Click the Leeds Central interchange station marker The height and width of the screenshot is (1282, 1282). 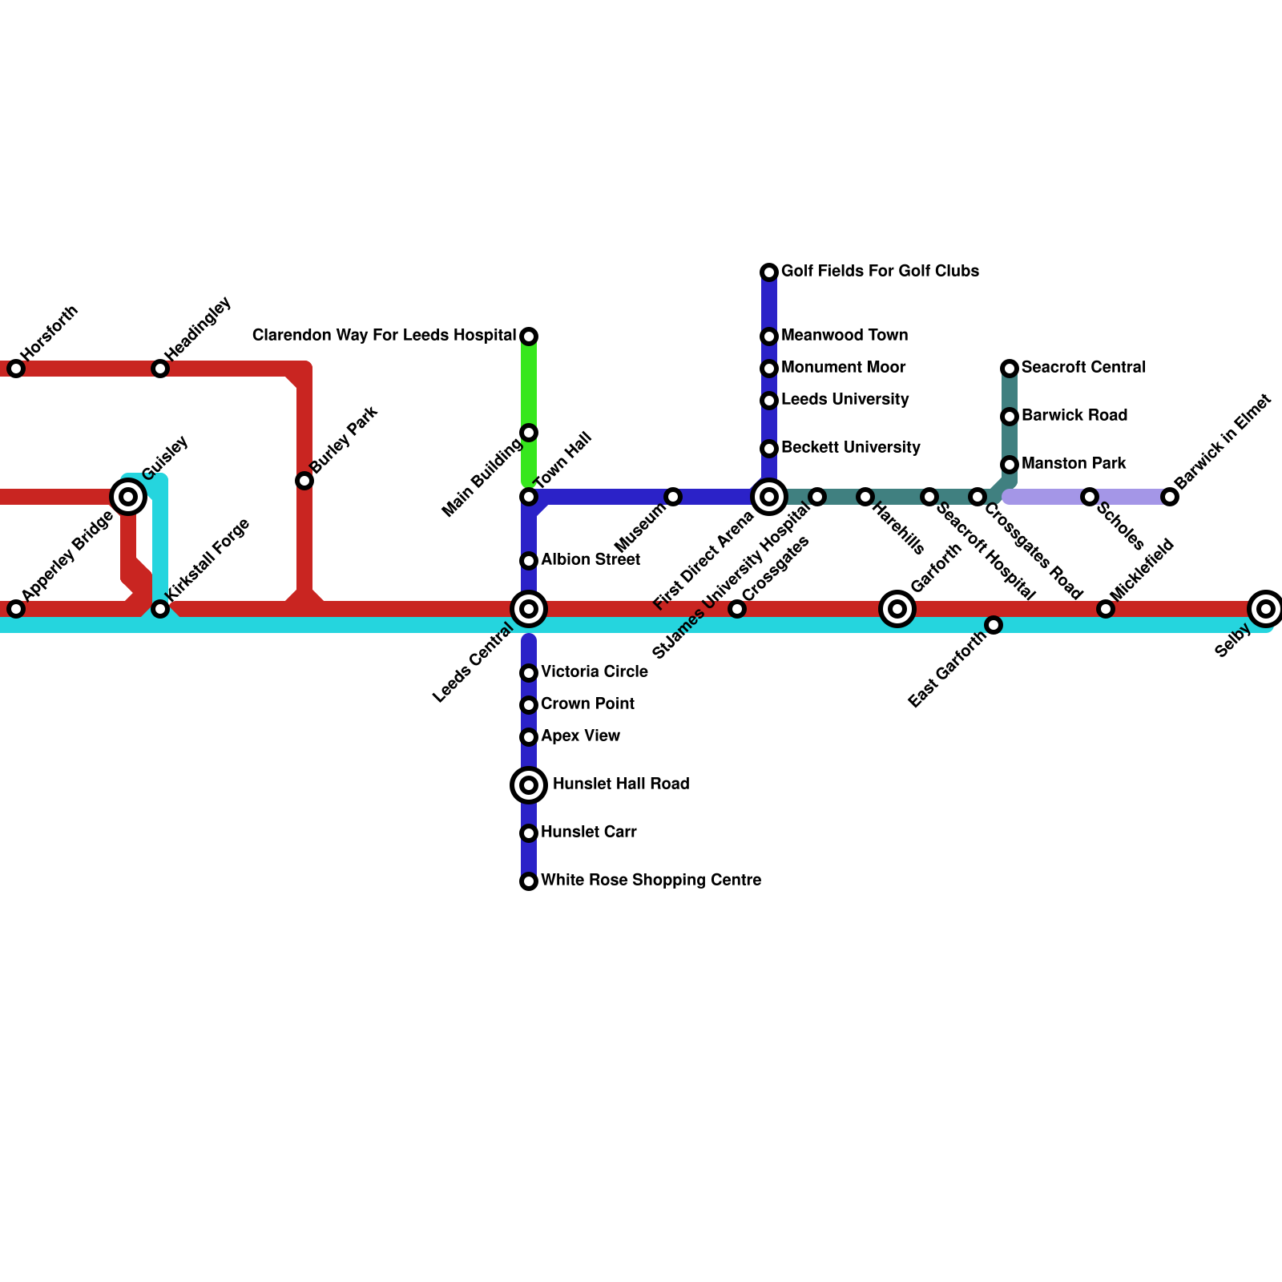[529, 609]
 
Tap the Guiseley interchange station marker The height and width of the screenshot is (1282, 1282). [128, 497]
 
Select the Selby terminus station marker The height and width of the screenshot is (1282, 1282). [1266, 609]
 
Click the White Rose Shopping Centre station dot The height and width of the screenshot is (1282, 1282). [529, 881]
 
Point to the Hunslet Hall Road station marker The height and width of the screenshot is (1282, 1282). [529, 785]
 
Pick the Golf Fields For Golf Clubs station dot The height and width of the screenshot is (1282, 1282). [769, 272]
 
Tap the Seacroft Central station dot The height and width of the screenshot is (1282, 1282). [1010, 369]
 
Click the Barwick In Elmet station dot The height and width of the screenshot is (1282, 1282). [1170, 497]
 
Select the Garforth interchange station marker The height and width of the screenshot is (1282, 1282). [897, 609]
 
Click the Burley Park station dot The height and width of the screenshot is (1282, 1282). [304, 481]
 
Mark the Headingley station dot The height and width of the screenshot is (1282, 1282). [160, 369]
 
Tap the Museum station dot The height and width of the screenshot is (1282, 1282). [673, 497]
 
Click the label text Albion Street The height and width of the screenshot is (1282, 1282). [591, 560]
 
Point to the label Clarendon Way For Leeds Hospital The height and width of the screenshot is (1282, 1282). [384, 336]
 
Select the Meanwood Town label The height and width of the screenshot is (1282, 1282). [845, 336]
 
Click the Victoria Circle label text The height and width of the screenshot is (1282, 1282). [595, 672]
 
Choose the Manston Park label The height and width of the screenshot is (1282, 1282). [1074, 464]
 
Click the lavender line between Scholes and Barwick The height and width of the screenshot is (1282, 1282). [1130, 497]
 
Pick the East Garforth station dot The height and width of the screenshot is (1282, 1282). [994, 625]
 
